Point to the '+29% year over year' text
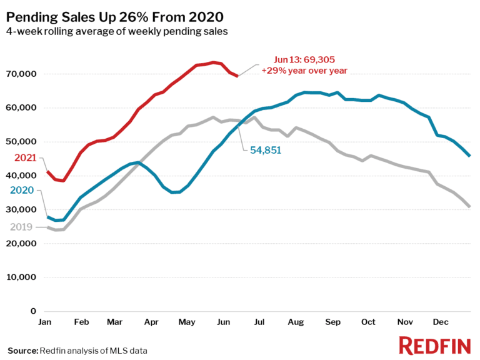click(x=304, y=71)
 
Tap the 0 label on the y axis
click(x=33, y=311)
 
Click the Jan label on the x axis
click(x=45, y=322)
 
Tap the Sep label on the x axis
click(x=332, y=322)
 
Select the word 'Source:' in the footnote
click(x=22, y=351)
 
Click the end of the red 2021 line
click(x=237, y=76)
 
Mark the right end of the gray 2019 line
click(x=469, y=206)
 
